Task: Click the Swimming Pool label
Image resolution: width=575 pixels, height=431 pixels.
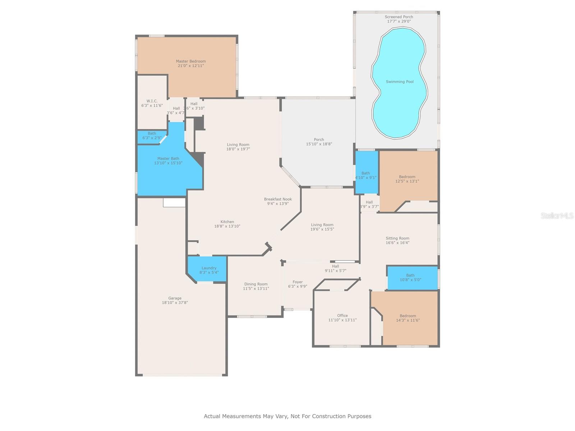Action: pos(400,82)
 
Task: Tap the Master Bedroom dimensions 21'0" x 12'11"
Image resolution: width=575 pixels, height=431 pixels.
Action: pos(190,66)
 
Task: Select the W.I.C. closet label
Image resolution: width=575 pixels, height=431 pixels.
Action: pos(152,101)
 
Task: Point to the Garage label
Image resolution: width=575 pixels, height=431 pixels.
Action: pos(175,298)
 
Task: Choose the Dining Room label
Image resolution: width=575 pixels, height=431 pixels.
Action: pos(256,284)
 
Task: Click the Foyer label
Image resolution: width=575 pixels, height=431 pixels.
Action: pos(298,282)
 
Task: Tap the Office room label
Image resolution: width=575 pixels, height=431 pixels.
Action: pos(342,315)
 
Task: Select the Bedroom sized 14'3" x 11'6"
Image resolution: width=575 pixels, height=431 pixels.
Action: pos(408,318)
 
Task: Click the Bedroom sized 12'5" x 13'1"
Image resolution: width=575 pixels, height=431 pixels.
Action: pos(407,179)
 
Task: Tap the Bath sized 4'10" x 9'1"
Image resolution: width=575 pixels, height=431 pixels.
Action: pos(365,175)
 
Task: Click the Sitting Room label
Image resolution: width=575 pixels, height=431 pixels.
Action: pos(397,238)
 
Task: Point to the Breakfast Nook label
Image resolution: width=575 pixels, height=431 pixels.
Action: pos(278,199)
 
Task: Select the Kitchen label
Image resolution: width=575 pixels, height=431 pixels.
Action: pos(227,222)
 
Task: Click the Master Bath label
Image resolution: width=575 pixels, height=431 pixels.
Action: pos(168,158)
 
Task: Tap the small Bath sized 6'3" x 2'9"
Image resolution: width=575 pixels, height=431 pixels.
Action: pos(152,135)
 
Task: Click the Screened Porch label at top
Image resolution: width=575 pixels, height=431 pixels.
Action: pos(399,17)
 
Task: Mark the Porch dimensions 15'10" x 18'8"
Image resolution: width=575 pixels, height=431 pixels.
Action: pos(319,144)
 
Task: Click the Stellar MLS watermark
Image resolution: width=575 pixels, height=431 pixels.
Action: pos(557,215)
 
